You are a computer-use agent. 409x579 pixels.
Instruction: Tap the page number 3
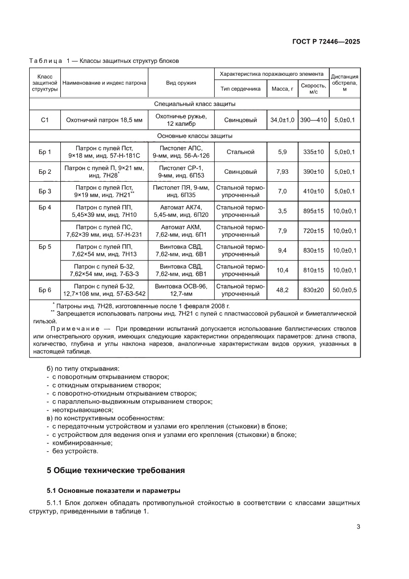pyautogui.click(x=358, y=526)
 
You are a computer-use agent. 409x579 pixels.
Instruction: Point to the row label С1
pyautogui.click(x=45, y=120)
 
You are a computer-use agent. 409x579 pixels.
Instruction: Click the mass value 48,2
pyautogui.click(x=282, y=290)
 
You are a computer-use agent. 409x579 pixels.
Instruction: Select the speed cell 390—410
pyautogui.click(x=313, y=120)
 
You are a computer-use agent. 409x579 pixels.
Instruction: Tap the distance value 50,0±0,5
pyautogui.click(x=345, y=290)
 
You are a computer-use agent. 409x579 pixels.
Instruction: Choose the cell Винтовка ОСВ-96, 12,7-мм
pyautogui.click(x=181, y=290)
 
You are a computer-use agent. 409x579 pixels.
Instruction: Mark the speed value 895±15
pyautogui.click(x=313, y=211)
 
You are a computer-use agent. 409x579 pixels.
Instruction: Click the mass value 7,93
pyautogui.click(x=282, y=172)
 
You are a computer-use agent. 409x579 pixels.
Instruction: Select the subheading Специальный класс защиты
pyautogui.click(x=194, y=104)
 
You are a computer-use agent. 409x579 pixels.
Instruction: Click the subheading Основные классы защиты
pyautogui.click(x=194, y=136)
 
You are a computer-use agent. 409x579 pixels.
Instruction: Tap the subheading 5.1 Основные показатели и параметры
pyautogui.click(x=114, y=491)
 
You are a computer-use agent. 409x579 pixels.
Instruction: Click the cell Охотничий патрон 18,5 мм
pyautogui.click(x=104, y=120)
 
